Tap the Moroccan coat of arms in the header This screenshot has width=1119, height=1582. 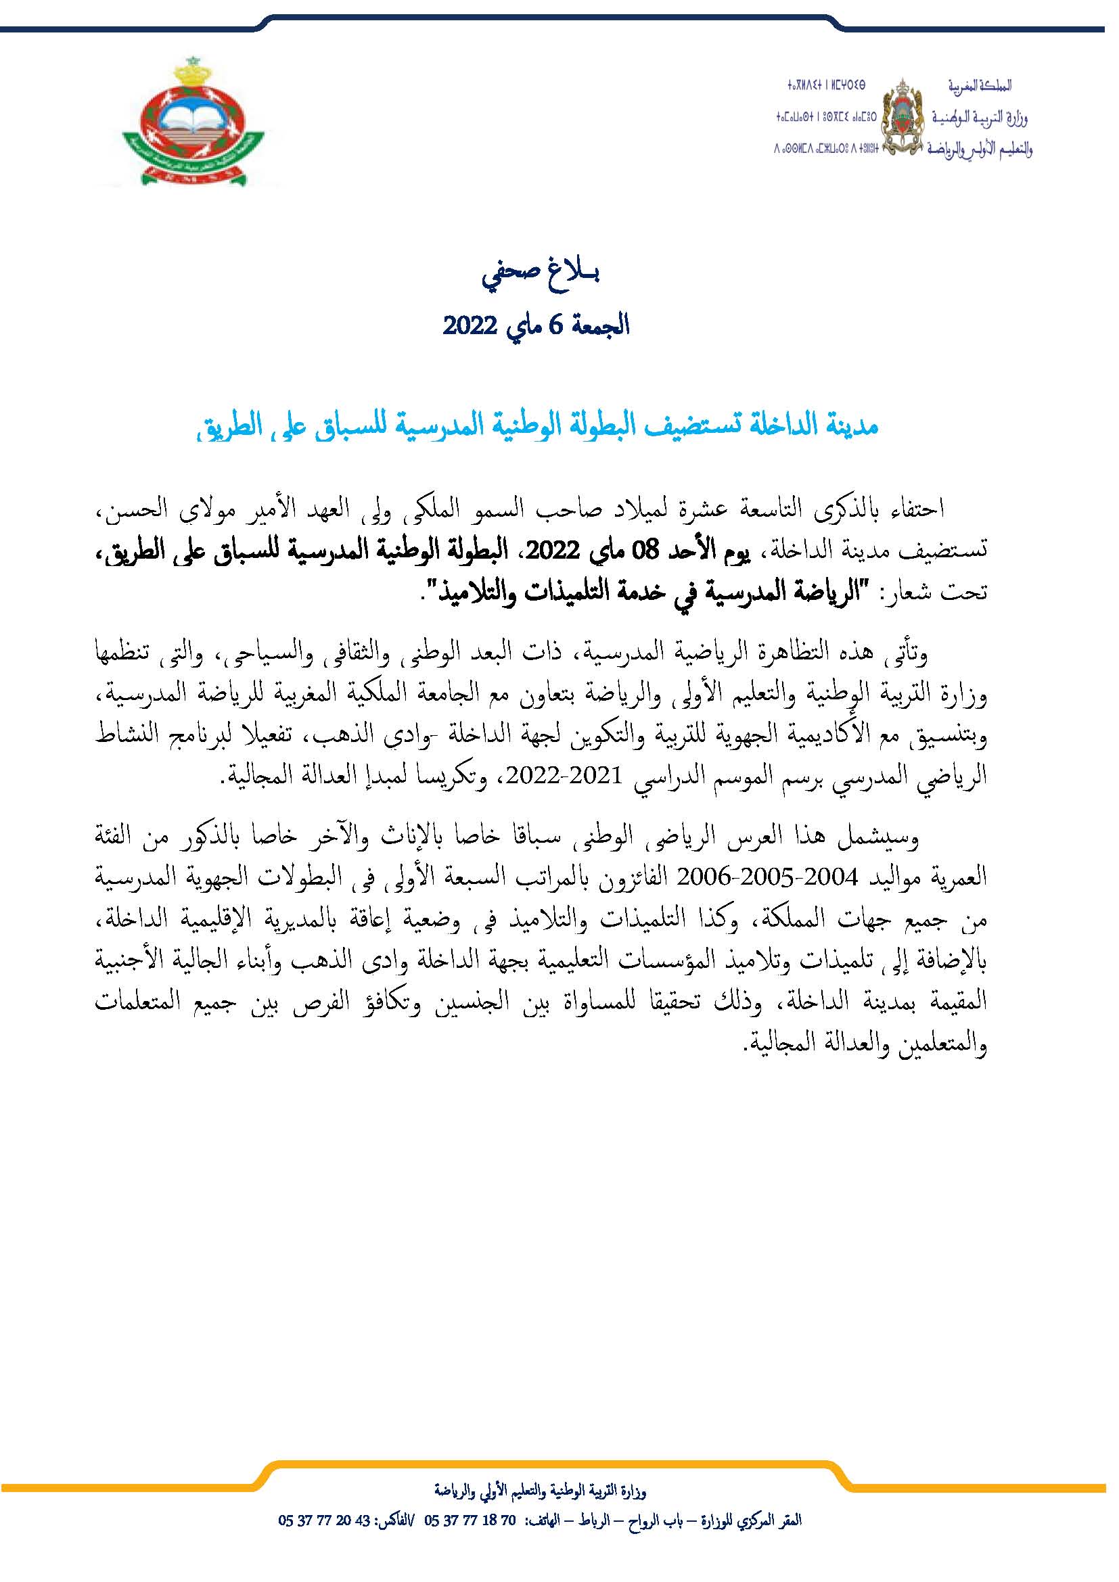point(903,116)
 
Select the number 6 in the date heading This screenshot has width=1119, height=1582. point(555,324)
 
